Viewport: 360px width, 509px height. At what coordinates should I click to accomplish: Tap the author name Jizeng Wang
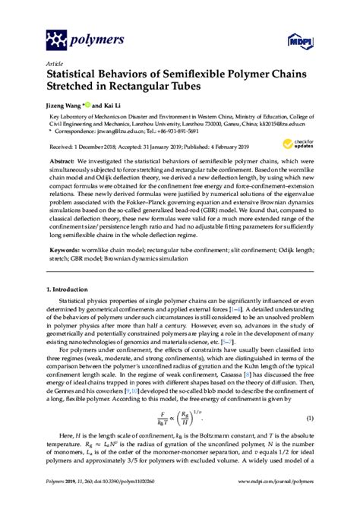(66, 104)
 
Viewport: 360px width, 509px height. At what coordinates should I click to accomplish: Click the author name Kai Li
(114, 104)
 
